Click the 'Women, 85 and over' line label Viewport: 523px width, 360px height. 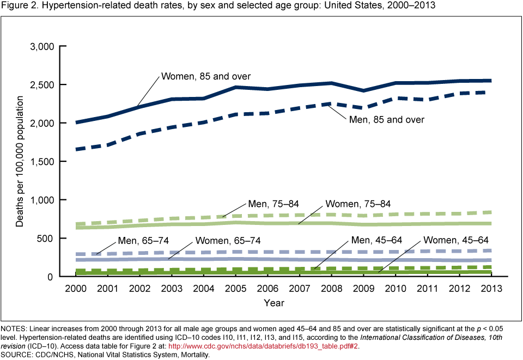(206, 76)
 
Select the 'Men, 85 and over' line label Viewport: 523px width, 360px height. (387, 119)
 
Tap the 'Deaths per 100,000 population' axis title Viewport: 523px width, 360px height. (20, 162)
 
